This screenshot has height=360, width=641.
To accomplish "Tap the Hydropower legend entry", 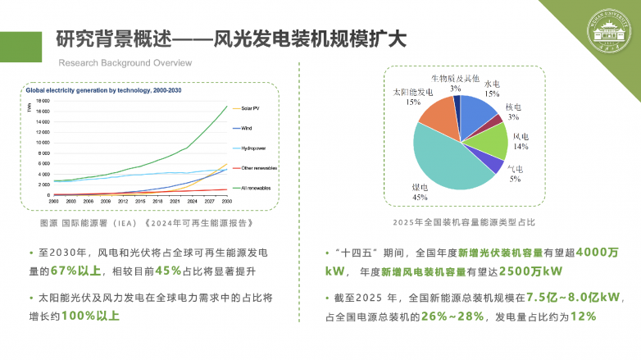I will (x=252, y=148).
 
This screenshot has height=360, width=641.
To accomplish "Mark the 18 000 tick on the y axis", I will (x=43, y=100).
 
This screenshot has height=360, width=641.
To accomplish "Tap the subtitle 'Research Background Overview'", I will (x=125, y=63).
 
